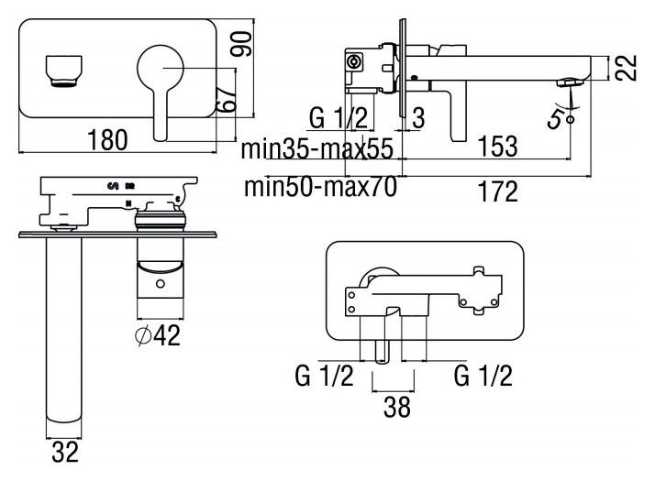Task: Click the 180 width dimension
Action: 107,140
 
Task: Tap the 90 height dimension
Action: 241,44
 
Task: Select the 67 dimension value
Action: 227,99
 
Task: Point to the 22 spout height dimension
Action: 625,67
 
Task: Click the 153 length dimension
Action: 497,146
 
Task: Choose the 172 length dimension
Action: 497,191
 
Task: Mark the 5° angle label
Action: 560,118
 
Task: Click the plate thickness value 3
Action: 418,117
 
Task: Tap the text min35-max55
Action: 317,148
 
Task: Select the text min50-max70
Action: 320,187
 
